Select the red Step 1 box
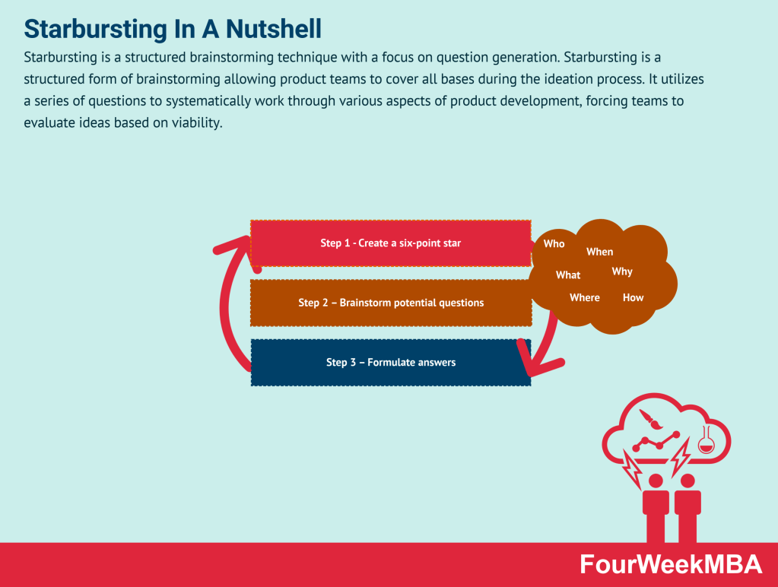click(390, 243)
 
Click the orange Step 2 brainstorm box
click(390, 303)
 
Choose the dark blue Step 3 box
click(390, 363)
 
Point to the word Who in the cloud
click(554, 244)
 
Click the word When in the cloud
click(599, 252)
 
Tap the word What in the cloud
click(567, 275)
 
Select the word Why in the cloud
click(621, 271)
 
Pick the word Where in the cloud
click(584, 298)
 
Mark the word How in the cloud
click(633, 298)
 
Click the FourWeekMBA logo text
click(670, 564)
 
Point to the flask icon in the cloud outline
click(705, 443)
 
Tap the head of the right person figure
click(687, 481)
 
